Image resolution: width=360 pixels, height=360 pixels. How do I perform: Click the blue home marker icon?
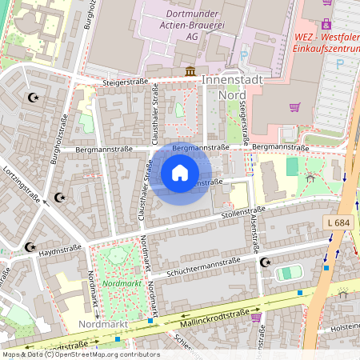[180, 173]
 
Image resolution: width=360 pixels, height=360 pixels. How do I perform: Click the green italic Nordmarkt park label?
[122, 283]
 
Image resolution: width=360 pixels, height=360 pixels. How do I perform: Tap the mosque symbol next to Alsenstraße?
[266, 262]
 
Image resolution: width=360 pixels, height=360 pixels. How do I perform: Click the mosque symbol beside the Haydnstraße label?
[30, 247]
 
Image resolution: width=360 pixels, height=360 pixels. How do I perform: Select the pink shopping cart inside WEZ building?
[294, 107]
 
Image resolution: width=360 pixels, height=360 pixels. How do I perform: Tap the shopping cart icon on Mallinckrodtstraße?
[256, 318]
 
